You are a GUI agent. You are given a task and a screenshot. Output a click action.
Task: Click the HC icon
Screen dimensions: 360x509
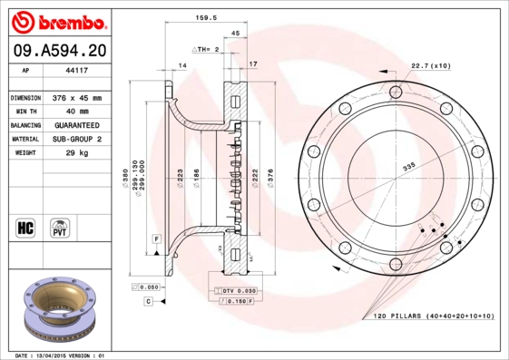click(x=25, y=227)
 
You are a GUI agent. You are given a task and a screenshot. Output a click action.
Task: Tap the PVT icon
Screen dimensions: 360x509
click(x=61, y=227)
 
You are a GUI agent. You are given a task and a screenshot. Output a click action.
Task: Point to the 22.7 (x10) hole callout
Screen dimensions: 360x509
click(x=431, y=65)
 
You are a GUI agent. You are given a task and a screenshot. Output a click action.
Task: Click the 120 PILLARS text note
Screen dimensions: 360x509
click(x=434, y=316)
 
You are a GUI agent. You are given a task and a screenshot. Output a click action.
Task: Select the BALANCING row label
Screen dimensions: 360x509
click(x=24, y=124)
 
